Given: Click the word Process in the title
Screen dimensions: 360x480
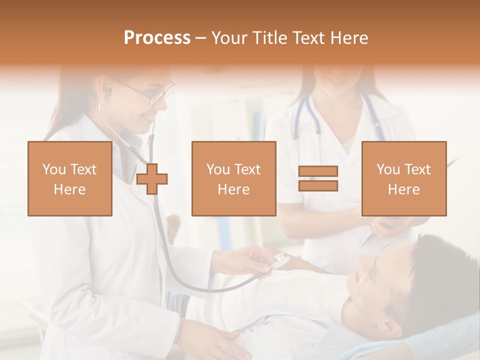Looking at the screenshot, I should [157, 38].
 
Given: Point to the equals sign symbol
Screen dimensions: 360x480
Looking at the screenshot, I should [318, 178].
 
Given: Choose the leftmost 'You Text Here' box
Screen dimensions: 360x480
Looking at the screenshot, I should [70, 178].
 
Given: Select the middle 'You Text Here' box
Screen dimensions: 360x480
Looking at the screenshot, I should [234, 178].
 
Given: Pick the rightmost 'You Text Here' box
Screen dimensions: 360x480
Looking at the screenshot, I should [404, 178].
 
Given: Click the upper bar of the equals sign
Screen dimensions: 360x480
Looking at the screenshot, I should [318, 171].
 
